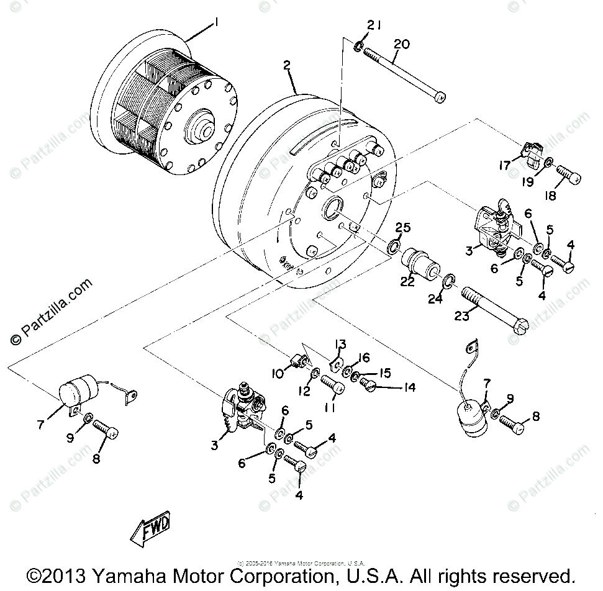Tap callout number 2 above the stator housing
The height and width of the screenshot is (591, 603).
point(286,66)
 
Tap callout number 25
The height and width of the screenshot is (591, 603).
point(403,229)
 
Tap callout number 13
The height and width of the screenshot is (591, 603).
point(340,345)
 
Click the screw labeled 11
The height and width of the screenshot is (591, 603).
point(333,387)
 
